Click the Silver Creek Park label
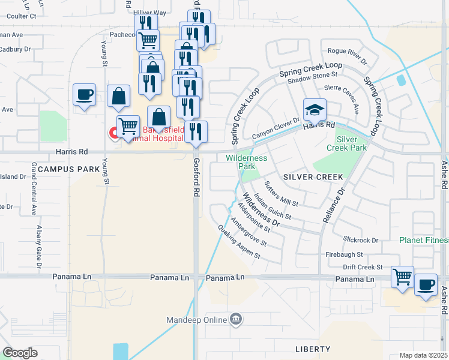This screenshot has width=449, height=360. pos(346,143)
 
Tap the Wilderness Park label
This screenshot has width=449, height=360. pos(246,161)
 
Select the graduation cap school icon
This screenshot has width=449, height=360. pos(315,110)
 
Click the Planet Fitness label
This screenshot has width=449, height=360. pos(424,240)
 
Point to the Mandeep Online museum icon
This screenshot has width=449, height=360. pos(236,319)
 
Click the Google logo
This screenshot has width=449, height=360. pos(20,353)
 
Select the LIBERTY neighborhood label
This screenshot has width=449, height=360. pos(313,349)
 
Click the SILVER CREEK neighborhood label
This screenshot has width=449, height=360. pos(312,177)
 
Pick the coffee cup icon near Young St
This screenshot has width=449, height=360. pos(85,94)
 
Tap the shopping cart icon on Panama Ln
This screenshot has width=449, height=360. pos(402,277)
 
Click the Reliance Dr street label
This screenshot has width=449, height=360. pos(334,205)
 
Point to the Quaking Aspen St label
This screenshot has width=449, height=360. pos(239,242)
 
